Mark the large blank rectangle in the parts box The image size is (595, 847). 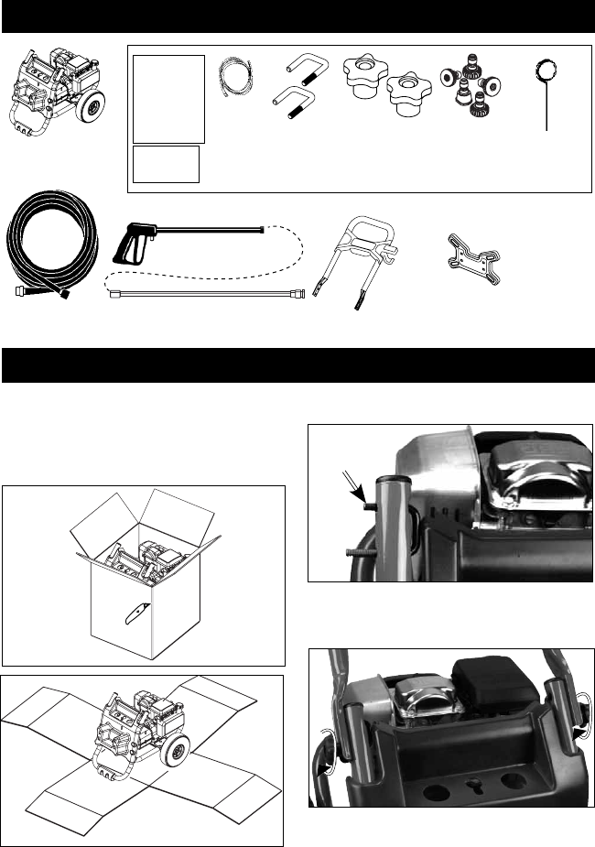tap(168, 99)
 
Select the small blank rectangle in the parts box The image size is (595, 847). tap(167, 164)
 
